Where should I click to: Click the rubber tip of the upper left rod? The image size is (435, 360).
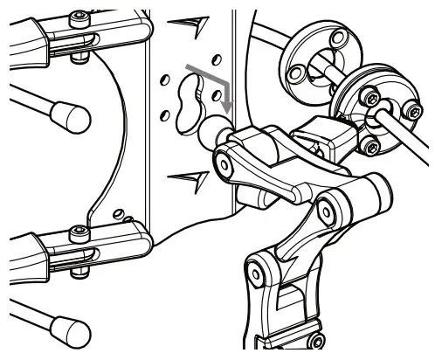pos(69,114)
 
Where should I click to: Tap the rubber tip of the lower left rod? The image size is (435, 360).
pos(70,329)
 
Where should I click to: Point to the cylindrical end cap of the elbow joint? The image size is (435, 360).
pos(376,187)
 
